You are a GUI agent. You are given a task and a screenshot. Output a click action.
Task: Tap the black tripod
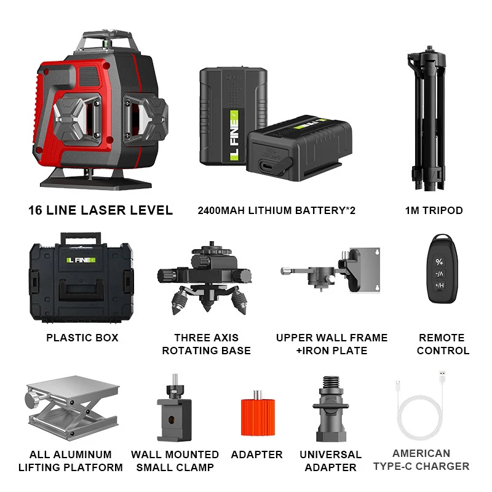point(433,123)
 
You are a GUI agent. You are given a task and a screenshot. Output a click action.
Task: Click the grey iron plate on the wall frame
point(365,269)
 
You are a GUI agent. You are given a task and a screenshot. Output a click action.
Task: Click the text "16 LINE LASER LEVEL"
point(100,210)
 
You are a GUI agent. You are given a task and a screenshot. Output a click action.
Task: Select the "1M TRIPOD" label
point(434,210)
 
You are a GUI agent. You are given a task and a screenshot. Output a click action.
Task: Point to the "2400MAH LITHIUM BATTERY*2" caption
point(276,210)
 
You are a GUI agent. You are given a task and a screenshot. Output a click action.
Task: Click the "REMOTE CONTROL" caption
point(442,344)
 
